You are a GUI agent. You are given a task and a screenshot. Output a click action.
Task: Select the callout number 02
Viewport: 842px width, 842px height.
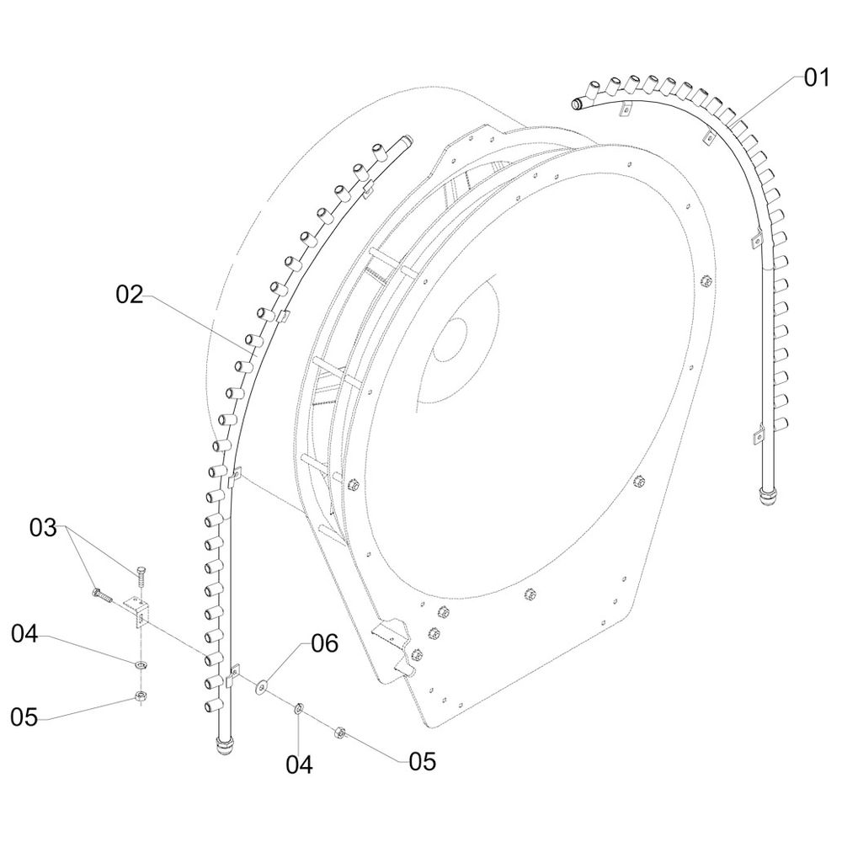(131, 295)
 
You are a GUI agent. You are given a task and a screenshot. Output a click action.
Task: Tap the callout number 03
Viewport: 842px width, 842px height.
(43, 529)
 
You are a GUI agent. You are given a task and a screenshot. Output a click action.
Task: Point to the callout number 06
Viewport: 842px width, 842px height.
(324, 645)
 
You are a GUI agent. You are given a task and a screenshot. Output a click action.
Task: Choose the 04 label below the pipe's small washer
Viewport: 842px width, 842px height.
(300, 765)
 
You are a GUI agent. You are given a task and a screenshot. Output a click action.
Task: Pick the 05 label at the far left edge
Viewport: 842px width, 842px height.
(24, 717)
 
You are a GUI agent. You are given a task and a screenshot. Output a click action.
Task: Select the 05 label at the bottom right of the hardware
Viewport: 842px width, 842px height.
(423, 762)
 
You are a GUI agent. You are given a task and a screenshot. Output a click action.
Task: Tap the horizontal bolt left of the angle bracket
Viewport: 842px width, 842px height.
(101, 596)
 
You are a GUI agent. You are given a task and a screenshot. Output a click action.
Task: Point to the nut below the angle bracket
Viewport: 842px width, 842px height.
(138, 696)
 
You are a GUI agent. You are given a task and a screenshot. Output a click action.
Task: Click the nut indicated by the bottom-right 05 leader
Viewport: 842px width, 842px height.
(342, 731)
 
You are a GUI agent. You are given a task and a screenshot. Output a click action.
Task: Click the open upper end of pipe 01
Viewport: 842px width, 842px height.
(578, 104)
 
